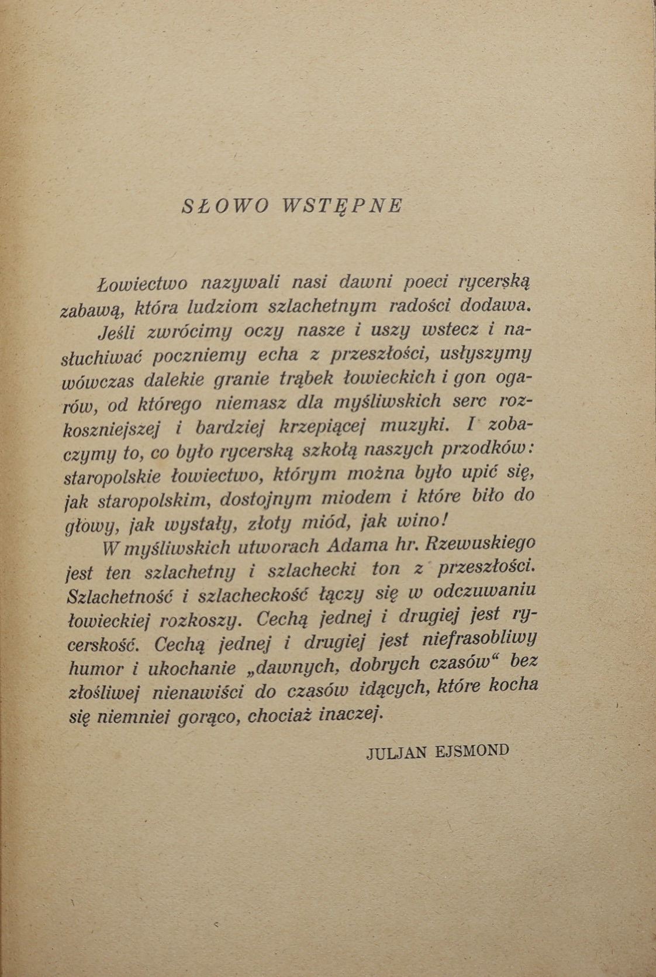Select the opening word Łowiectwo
tap(142, 284)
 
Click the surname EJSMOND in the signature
tap(472, 751)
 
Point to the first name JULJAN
tap(397, 752)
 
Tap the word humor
tap(96, 669)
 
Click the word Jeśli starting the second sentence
tap(117, 332)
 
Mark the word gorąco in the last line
tap(215, 717)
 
